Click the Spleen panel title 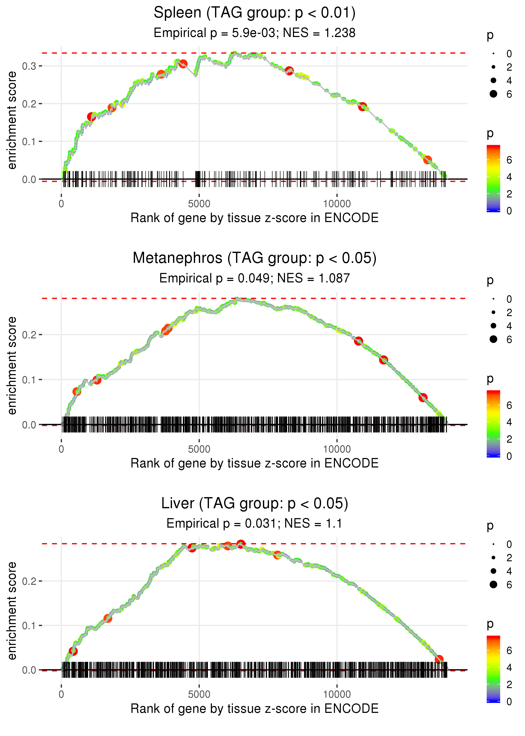tap(255, 13)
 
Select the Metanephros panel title tap(255, 258)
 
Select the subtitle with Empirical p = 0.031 tap(255, 523)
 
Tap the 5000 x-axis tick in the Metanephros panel tap(199, 449)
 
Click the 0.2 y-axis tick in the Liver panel tap(29, 581)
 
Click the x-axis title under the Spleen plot tap(255, 218)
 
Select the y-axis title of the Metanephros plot tap(12, 365)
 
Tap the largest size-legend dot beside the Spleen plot tap(493, 94)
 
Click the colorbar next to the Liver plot tap(493, 669)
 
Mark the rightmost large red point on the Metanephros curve tap(423, 397)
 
